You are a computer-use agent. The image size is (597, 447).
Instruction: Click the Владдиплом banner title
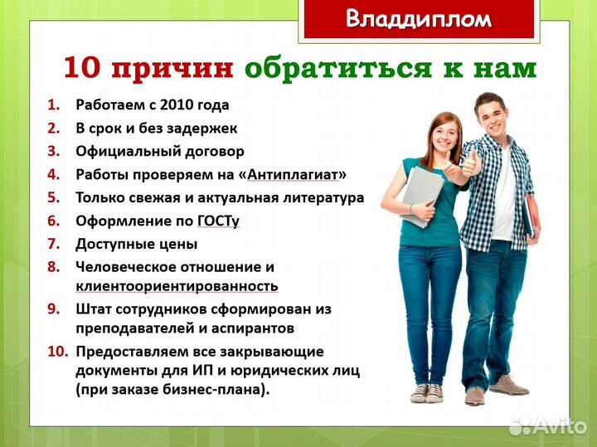coord(418,19)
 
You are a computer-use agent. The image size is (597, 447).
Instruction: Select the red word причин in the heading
coord(172,69)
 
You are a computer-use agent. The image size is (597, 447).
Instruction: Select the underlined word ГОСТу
coord(218,221)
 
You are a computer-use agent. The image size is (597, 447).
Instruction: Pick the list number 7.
coord(54,245)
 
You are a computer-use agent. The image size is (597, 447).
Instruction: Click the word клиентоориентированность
coord(177,286)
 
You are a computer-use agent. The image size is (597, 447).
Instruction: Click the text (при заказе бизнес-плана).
coord(172,389)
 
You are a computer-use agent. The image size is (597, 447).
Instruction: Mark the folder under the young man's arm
coord(527,217)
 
